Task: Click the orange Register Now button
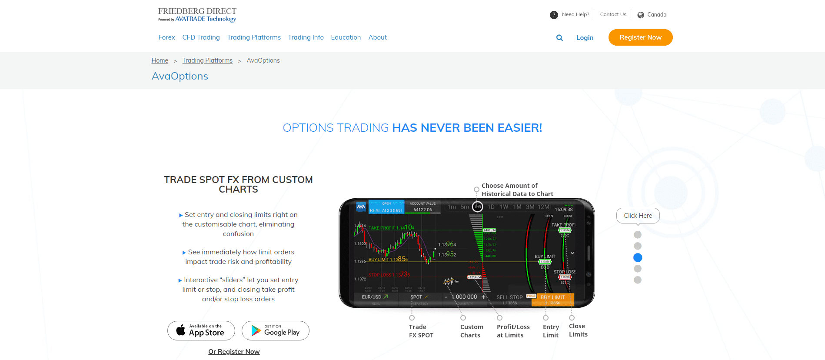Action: [x=640, y=37]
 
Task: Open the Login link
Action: [x=585, y=38]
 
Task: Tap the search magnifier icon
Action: [x=559, y=38]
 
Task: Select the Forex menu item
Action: [x=166, y=37]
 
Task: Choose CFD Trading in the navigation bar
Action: [x=201, y=37]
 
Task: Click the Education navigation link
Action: [x=346, y=37]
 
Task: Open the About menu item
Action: [x=377, y=37]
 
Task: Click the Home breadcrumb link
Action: [x=160, y=60]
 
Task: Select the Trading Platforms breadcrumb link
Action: [x=207, y=60]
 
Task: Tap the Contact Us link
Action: [x=613, y=14]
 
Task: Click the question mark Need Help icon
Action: [x=554, y=15]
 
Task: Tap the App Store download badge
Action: [x=201, y=331]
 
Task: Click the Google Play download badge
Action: [x=276, y=331]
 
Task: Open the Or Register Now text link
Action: [x=234, y=352]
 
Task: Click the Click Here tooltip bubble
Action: [x=638, y=216]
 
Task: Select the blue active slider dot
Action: [x=638, y=257]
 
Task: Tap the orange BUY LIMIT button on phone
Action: [x=552, y=300]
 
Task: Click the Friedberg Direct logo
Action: [x=197, y=14]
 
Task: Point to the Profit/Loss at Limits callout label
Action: [x=513, y=331]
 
